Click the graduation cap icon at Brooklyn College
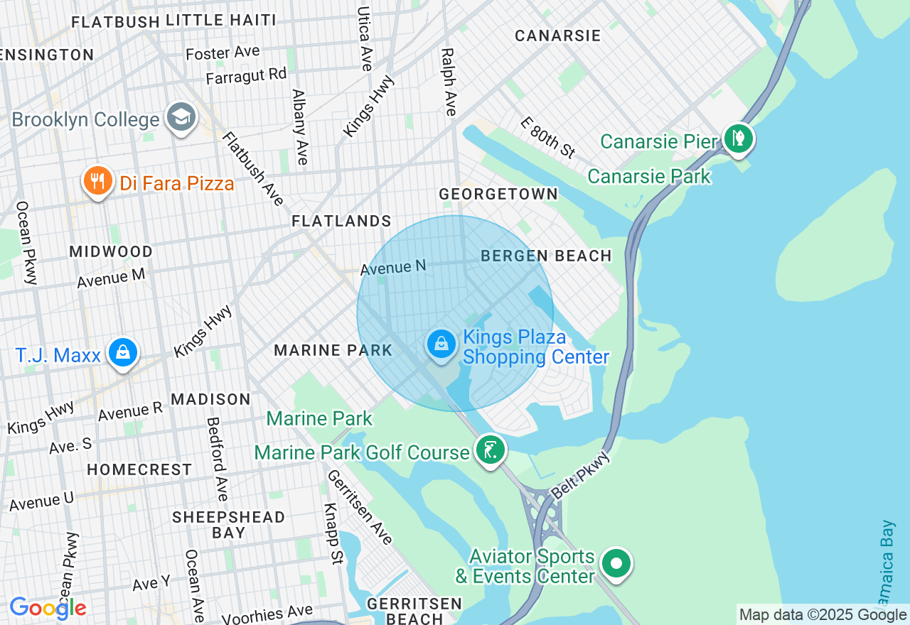tap(181, 118)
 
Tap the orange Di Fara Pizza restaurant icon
tap(98, 181)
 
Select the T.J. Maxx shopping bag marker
tap(122, 352)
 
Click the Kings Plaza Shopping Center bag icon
tap(441, 344)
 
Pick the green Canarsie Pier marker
tap(738, 138)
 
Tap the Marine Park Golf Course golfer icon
tap(490, 450)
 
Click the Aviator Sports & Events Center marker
tap(616, 564)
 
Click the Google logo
tap(48, 608)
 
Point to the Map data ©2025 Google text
tap(823, 614)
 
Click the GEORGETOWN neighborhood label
tap(498, 194)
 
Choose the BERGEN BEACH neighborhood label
tap(546, 256)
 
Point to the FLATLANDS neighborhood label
tap(341, 221)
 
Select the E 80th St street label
tap(547, 137)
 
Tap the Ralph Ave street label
tap(448, 82)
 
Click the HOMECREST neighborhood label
tap(139, 469)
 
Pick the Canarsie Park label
tap(649, 175)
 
